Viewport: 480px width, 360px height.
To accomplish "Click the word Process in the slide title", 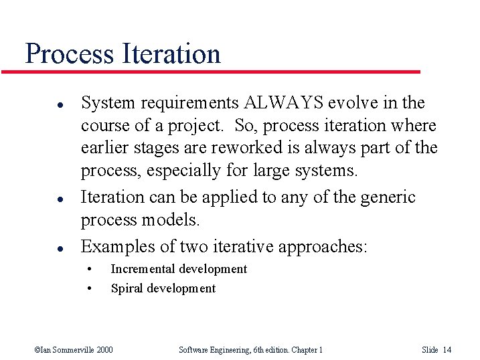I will [69, 54].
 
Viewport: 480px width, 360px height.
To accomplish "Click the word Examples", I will [118, 246].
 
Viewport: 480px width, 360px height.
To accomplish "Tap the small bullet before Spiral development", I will [91, 289].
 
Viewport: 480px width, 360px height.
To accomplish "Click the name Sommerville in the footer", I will [71, 349].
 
